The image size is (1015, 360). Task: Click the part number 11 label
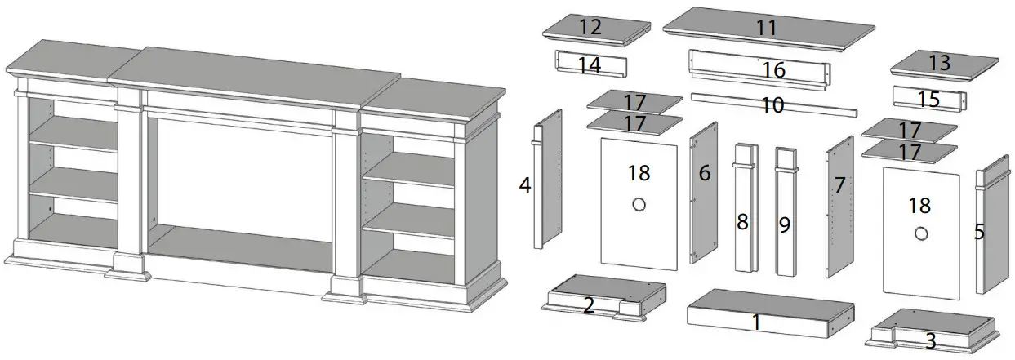point(765,27)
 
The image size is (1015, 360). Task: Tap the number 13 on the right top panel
point(940,63)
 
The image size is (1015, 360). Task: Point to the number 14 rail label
point(590,65)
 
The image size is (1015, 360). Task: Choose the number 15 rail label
point(928,100)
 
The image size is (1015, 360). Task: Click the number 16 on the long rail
point(773,70)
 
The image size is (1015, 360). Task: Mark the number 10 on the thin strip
point(772,105)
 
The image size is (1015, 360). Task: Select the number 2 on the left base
point(589,305)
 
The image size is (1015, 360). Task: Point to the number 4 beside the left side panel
point(525,185)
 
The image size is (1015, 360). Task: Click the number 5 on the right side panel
point(979,232)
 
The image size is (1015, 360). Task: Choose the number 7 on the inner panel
point(839,185)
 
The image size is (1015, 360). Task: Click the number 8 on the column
point(742,222)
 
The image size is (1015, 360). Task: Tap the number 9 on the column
point(785,224)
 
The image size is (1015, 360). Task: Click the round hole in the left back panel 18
point(639,204)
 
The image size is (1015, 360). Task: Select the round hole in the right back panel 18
point(921,233)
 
